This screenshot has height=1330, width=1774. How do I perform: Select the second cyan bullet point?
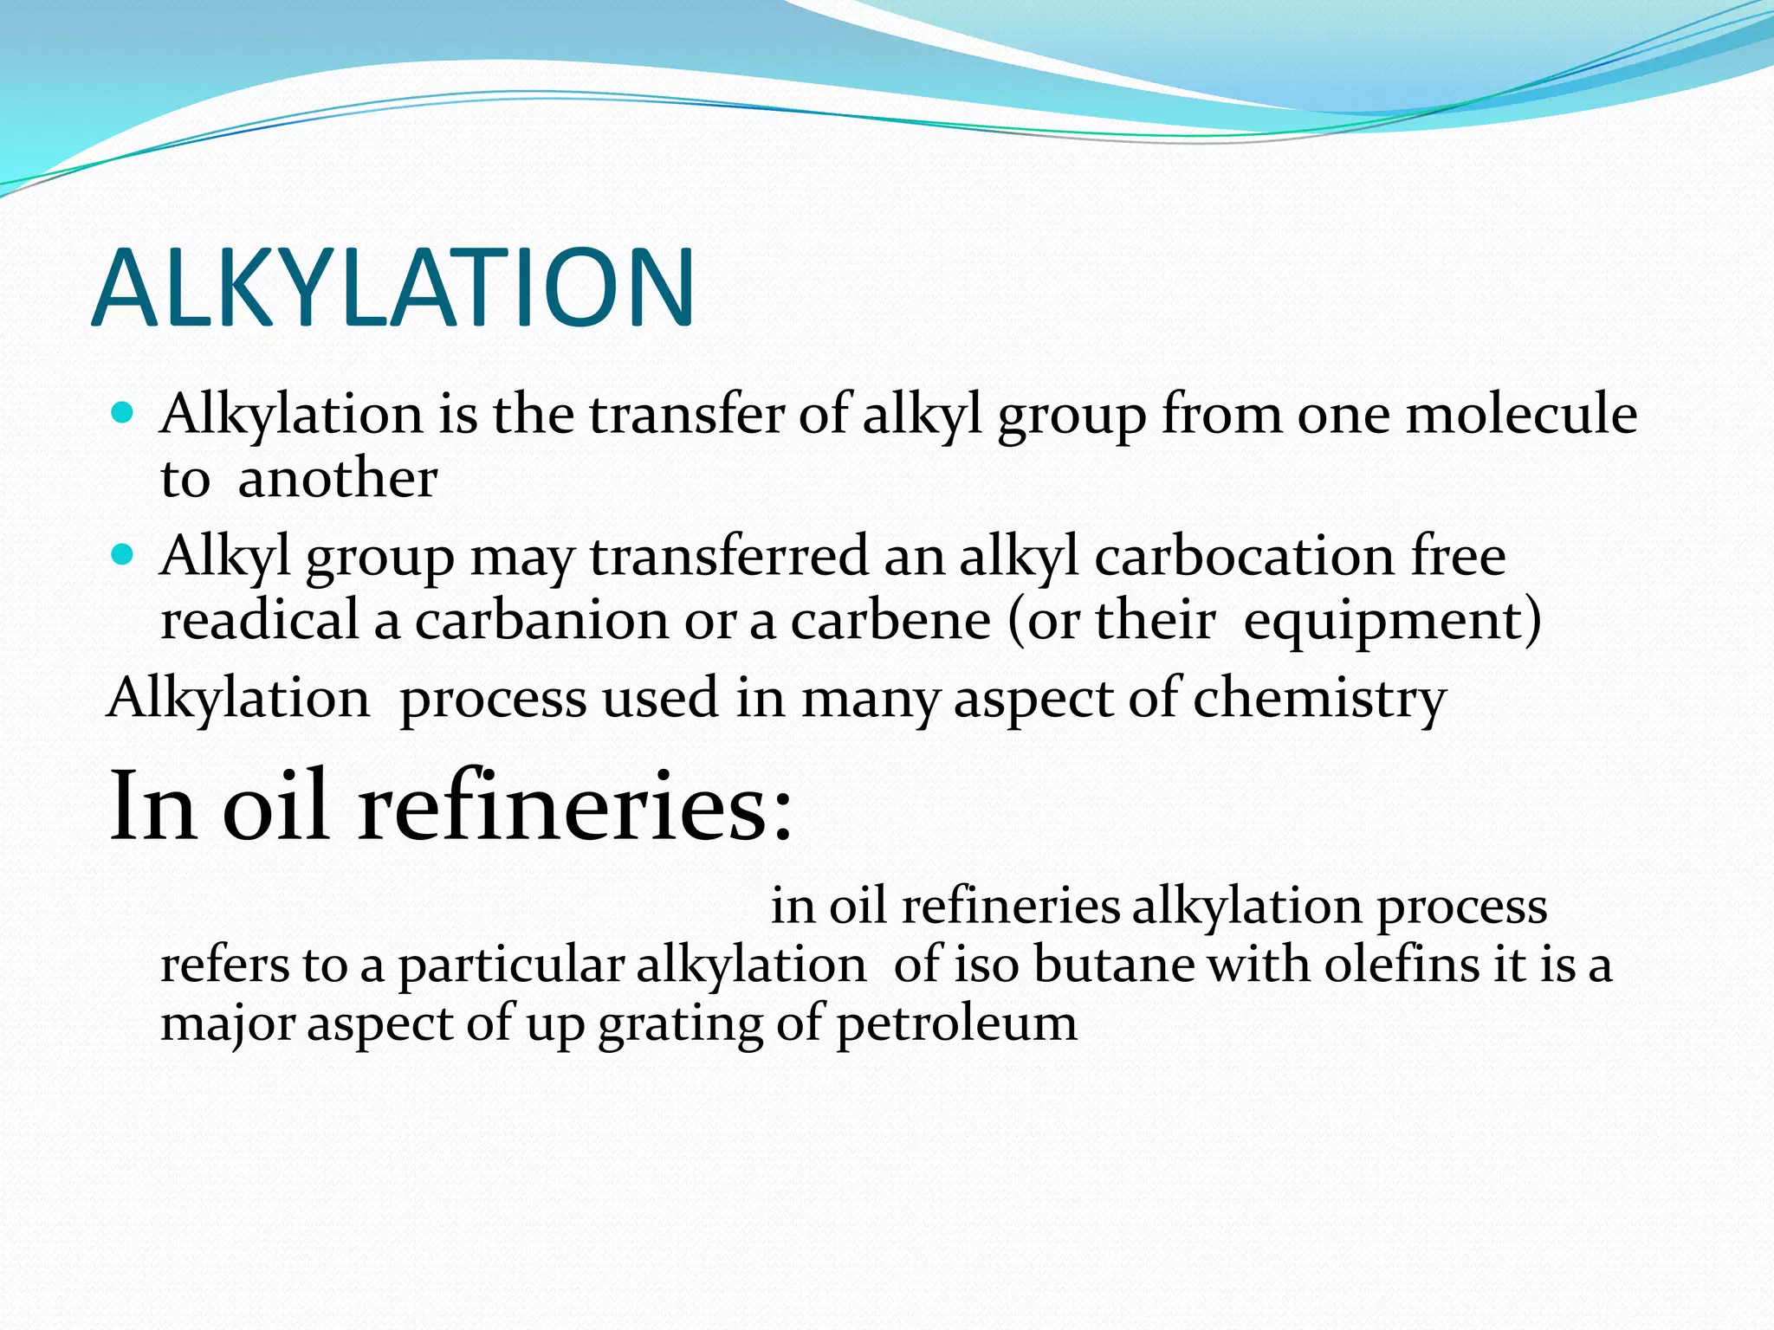(124, 554)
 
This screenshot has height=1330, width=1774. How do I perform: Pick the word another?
(337, 478)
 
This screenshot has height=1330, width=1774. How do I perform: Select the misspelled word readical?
(259, 620)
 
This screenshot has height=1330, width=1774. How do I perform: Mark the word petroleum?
(956, 1024)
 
